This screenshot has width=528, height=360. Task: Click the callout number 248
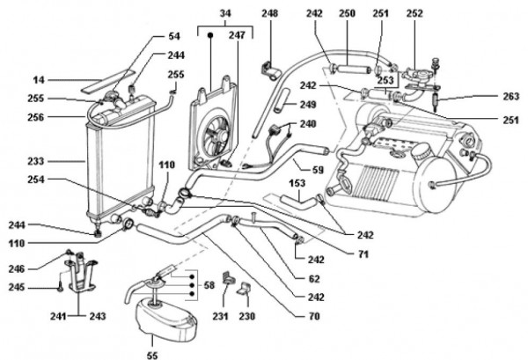click(x=269, y=14)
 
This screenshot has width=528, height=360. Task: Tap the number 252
click(x=414, y=14)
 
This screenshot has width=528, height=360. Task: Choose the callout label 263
click(x=510, y=97)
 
